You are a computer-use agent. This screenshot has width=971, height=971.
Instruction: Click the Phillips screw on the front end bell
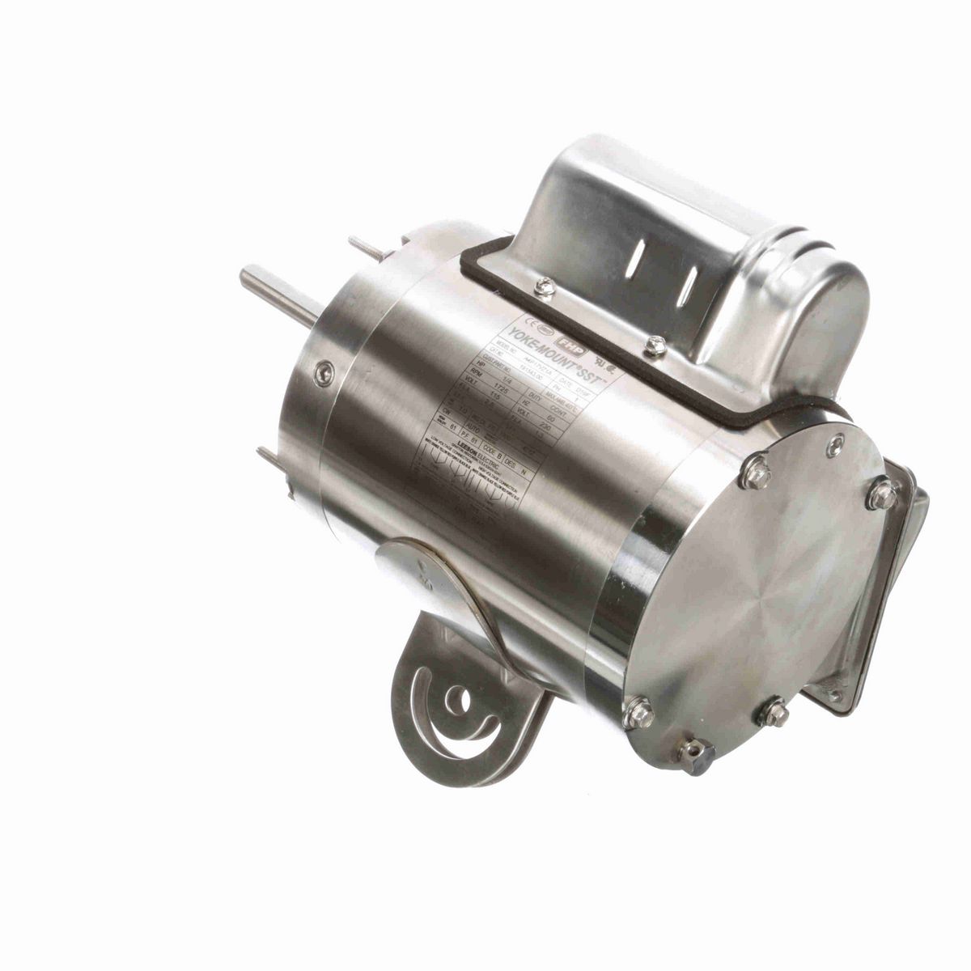click(324, 373)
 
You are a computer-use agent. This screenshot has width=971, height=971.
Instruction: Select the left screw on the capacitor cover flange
click(547, 285)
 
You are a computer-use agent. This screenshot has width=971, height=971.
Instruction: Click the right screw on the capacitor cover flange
click(656, 348)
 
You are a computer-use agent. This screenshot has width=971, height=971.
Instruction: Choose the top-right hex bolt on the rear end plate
click(882, 494)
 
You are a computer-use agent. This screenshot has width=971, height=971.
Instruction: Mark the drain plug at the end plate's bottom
click(693, 756)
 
